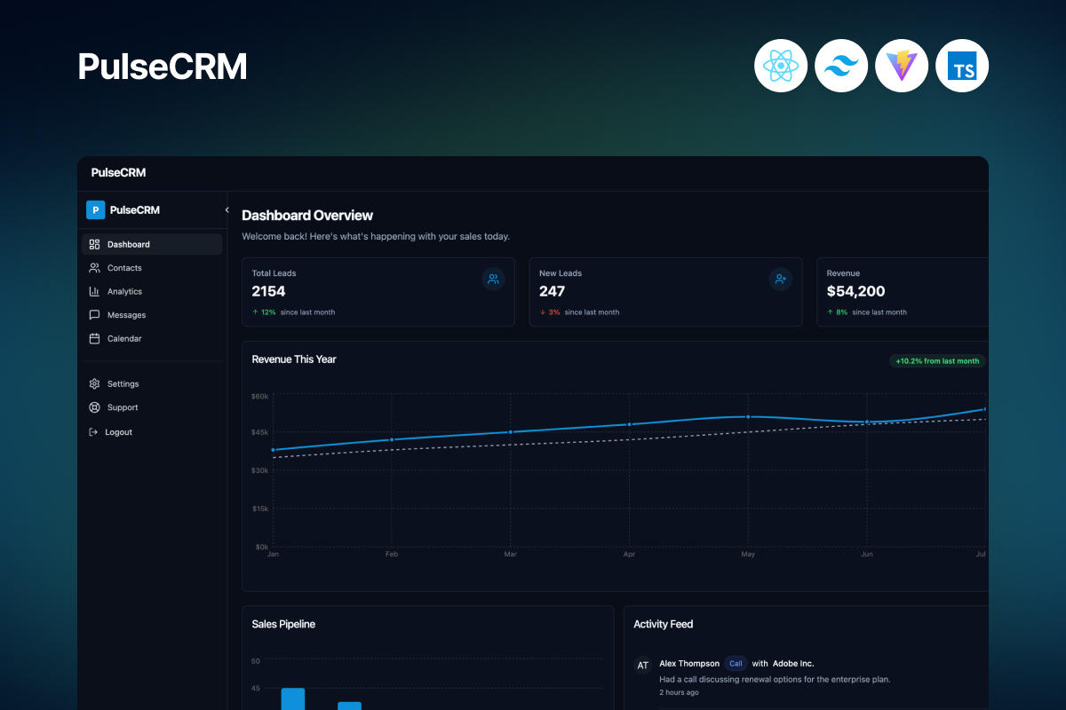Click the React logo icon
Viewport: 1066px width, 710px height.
pyautogui.click(x=781, y=66)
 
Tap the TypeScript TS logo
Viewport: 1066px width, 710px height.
pyautogui.click(x=962, y=66)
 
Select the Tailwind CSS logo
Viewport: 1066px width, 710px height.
pyautogui.click(x=841, y=66)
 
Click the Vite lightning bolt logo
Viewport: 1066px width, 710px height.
pyautogui.click(x=902, y=66)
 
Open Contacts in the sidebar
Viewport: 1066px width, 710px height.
pyautogui.click(x=123, y=268)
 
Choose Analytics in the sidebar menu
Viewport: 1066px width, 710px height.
pyautogui.click(x=124, y=291)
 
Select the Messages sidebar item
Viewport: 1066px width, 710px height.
pyautogui.click(x=126, y=315)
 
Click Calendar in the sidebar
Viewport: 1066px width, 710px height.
pyautogui.click(x=123, y=338)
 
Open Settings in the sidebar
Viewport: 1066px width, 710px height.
pyautogui.click(x=123, y=384)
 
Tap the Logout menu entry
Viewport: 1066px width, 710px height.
pyautogui.click(x=118, y=432)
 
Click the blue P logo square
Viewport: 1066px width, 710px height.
pyautogui.click(x=95, y=210)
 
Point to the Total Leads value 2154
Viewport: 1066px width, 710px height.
pyautogui.click(x=268, y=291)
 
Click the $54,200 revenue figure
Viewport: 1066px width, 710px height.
pyautogui.click(x=855, y=291)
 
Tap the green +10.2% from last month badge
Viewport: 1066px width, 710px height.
pyautogui.click(x=937, y=361)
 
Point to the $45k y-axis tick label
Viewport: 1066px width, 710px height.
pyautogui.click(x=259, y=432)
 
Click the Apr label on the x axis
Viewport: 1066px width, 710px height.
pyautogui.click(x=629, y=555)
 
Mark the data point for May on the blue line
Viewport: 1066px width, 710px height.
pyautogui.click(x=748, y=416)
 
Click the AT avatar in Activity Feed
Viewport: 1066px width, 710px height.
pyautogui.click(x=643, y=665)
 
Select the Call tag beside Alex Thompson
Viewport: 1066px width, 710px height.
pyautogui.click(x=736, y=663)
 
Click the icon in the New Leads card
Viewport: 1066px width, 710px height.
pyautogui.click(x=780, y=280)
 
